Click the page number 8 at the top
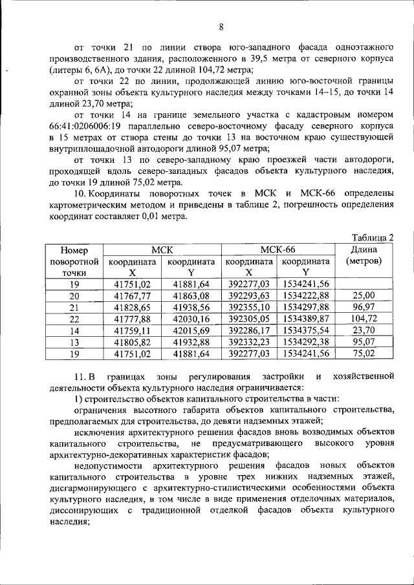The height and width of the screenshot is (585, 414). pos(221,27)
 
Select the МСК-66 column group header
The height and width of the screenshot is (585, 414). pos(278,250)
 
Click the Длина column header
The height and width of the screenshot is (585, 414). pos(364,250)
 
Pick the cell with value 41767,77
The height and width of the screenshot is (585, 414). pos(132,295)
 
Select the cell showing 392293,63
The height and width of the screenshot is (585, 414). pos(248,295)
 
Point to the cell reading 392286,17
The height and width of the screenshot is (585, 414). pos(248,330)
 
